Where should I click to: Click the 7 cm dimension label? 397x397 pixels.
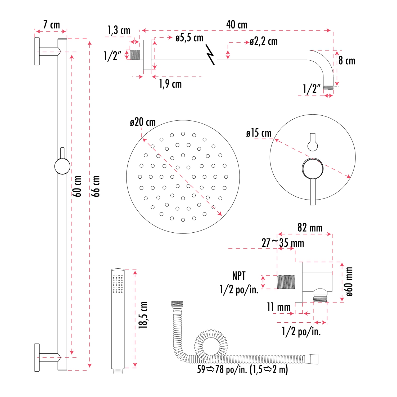[51, 25]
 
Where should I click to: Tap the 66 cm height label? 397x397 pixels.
[96, 186]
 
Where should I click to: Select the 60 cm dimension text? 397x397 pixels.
[77, 186]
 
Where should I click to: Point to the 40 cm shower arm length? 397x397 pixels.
[237, 25]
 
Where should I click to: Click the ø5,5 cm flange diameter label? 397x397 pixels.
[189, 38]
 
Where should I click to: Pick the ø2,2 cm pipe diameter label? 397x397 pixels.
[264, 42]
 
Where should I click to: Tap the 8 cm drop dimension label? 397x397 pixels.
[347, 61]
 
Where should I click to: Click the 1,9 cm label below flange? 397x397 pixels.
[170, 84]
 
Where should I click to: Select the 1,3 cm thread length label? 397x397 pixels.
[119, 30]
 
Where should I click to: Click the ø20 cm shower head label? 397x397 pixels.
[143, 122]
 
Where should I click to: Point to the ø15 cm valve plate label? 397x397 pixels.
[259, 133]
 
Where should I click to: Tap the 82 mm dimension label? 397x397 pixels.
[310, 228]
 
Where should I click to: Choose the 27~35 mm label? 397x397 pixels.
[283, 243]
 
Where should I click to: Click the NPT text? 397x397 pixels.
[239, 276]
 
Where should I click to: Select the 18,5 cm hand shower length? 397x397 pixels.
[143, 315]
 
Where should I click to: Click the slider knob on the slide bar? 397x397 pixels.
[62, 166]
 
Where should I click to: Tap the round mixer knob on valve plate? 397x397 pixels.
[313, 168]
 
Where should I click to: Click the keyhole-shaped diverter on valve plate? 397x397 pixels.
[313, 143]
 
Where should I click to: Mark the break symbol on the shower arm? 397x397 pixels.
[210, 55]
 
